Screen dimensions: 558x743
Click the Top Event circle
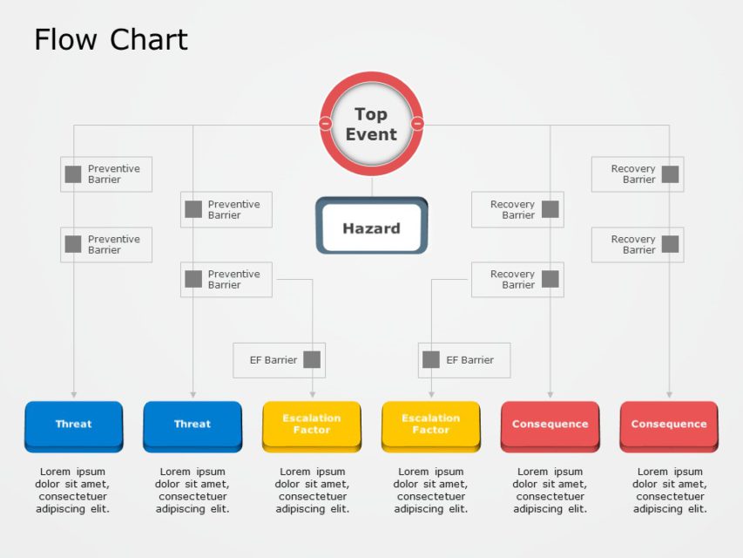(371, 124)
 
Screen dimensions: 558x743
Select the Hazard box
(371, 228)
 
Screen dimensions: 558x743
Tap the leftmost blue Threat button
(73, 425)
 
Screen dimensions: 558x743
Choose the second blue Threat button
(193, 425)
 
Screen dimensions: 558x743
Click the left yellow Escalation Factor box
(312, 425)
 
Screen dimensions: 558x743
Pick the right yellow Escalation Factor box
(430, 425)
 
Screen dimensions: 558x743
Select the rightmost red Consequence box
(669, 425)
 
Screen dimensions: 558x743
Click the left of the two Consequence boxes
(550, 425)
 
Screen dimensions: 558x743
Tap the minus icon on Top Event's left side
(326, 124)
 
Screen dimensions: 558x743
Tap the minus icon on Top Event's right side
(417, 124)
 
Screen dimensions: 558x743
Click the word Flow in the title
(64, 40)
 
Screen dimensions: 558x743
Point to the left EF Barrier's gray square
(311, 359)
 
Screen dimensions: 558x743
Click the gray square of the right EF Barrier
(431, 359)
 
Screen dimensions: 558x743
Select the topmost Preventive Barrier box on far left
(106, 174)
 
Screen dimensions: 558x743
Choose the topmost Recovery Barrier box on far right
(637, 174)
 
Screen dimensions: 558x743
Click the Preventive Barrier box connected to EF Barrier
(226, 280)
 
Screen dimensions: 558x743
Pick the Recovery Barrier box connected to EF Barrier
(517, 280)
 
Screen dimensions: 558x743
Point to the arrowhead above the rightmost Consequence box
(669, 395)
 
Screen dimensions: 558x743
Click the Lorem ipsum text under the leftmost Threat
(73, 490)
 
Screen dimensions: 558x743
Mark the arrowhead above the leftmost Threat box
(73, 395)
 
